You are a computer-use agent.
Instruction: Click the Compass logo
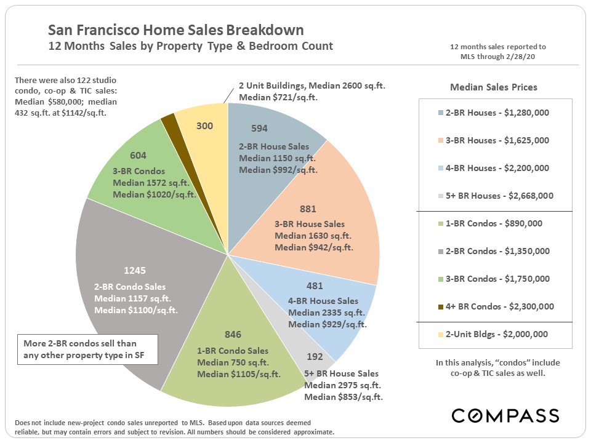coord(505,415)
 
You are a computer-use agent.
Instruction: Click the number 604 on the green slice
coord(139,156)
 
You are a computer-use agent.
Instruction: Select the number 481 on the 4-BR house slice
coord(315,286)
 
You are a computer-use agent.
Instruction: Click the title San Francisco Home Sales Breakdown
coord(176,30)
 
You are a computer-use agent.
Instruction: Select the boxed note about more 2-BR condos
coord(88,349)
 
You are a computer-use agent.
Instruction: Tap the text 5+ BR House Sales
coord(342,373)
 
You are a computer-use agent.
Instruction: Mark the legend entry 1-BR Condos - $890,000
coord(494,223)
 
